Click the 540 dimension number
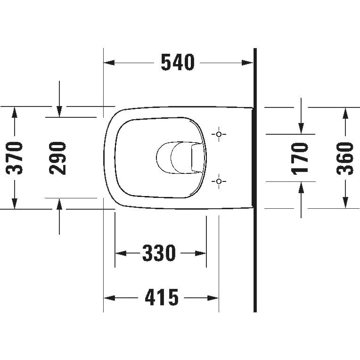point(178,63)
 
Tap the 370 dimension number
point(14,158)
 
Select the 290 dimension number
point(57,158)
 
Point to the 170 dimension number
point(300,158)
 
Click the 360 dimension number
point(345,158)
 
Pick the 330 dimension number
point(159,253)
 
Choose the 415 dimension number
point(162,297)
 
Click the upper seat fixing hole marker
point(219,134)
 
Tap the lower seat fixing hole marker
point(219,181)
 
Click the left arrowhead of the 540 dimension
point(109,63)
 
